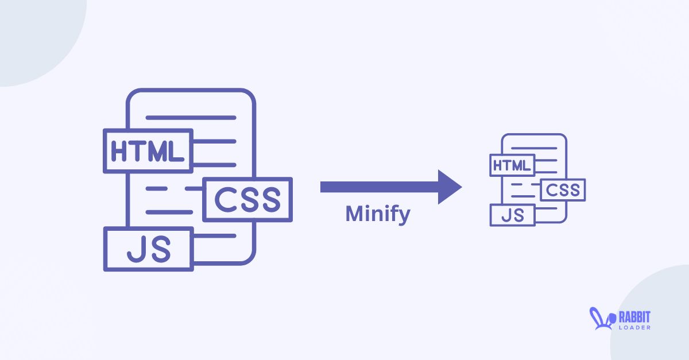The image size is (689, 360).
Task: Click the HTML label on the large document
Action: pos(148,151)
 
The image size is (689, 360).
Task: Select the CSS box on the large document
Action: pos(247,199)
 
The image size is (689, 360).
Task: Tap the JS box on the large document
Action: pos(149,249)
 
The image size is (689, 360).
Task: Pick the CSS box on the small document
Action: pos(563,190)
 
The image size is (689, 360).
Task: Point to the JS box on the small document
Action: pos(512,215)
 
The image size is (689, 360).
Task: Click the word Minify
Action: pos(378,214)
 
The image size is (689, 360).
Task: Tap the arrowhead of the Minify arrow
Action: pos(450,187)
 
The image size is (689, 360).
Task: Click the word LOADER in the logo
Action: pos(634,327)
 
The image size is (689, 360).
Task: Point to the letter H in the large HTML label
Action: pos(120,151)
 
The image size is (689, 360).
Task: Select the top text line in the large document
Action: pos(191,118)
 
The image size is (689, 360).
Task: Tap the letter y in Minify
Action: pos(404,216)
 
